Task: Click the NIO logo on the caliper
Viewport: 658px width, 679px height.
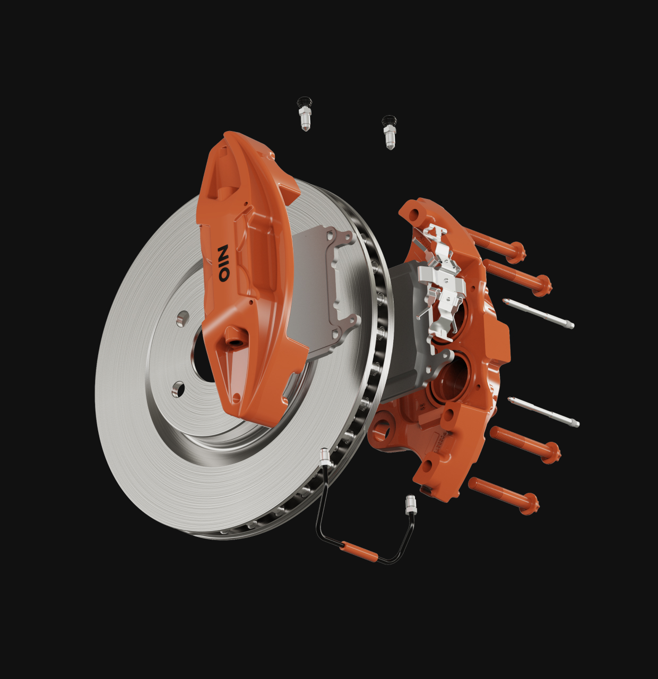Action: point(224,263)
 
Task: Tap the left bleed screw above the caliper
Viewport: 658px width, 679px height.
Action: point(304,114)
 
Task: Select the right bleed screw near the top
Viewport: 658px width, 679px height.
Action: point(389,133)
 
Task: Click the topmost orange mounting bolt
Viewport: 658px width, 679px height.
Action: point(496,244)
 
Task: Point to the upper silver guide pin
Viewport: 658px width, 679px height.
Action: point(538,314)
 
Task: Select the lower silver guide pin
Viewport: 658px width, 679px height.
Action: point(543,412)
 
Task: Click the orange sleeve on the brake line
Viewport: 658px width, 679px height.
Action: point(359,552)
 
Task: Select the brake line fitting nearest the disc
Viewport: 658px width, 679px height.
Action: point(324,458)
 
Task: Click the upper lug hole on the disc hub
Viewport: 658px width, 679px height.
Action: point(183,318)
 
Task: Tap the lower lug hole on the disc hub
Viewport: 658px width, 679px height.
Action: point(178,389)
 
